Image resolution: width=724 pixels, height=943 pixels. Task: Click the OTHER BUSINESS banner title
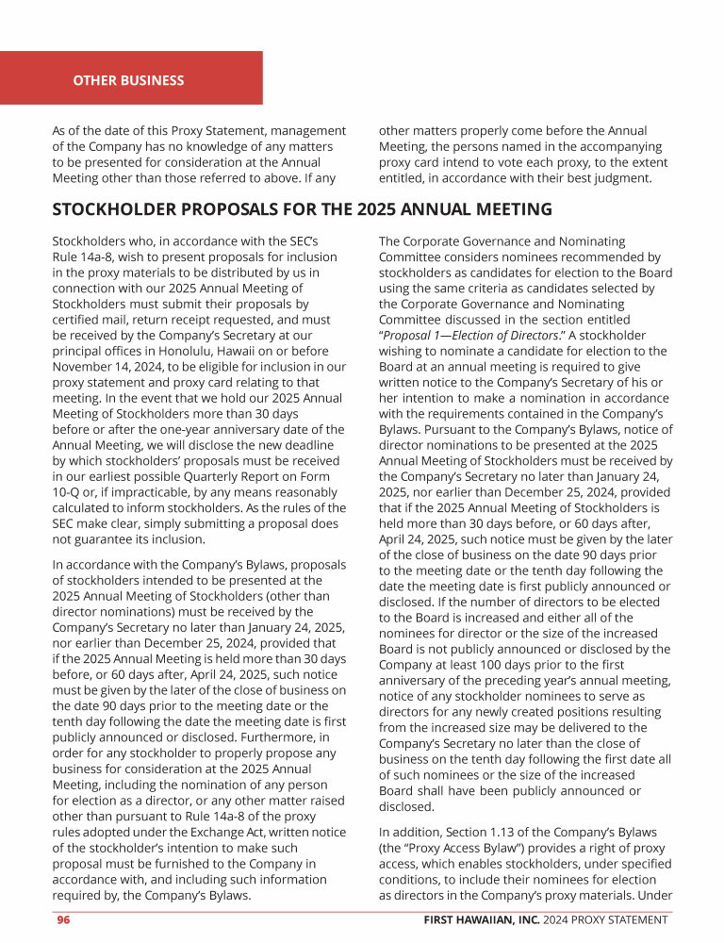click(128, 80)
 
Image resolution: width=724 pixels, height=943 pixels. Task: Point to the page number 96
click(63, 919)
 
